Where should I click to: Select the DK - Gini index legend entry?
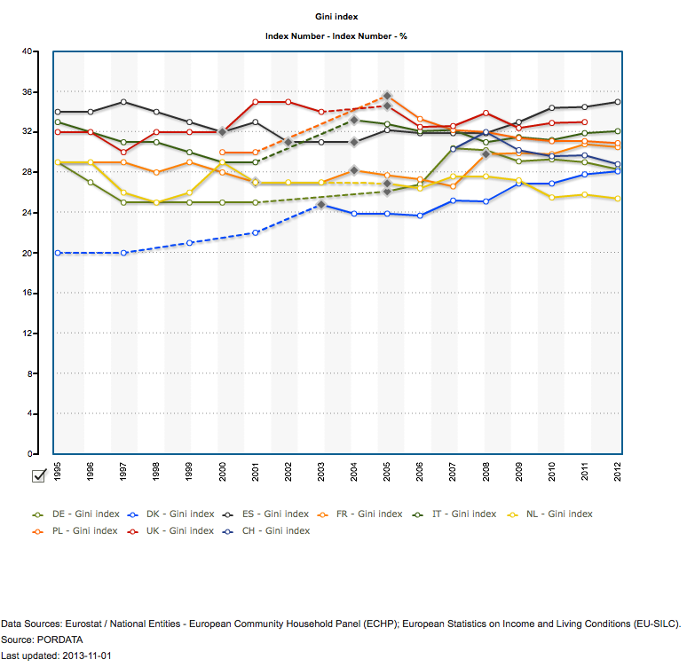[x=182, y=514]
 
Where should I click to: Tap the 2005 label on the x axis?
[x=387, y=470]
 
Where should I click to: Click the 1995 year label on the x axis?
[x=58, y=470]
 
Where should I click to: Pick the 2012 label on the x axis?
[x=618, y=470]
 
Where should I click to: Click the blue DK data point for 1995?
[x=58, y=253]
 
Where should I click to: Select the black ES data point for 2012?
[x=618, y=102]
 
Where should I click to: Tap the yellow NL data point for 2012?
[x=618, y=199]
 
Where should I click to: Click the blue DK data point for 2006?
[x=420, y=216]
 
